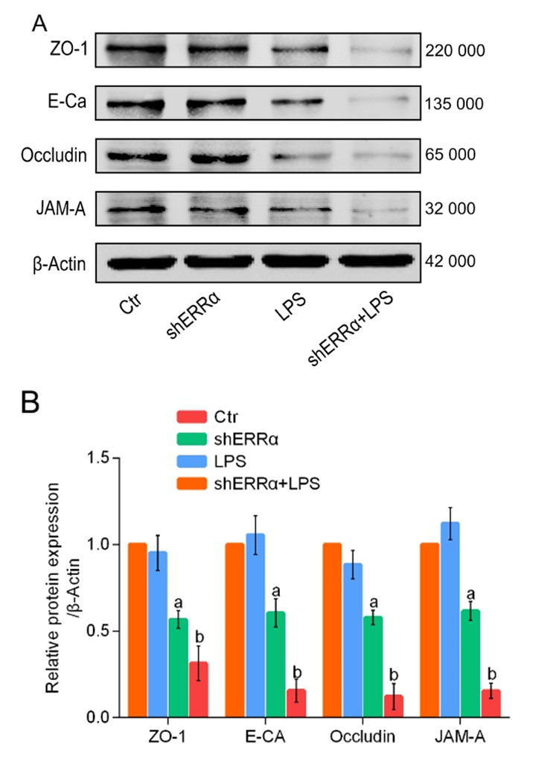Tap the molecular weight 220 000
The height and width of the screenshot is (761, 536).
pyautogui.click(x=456, y=51)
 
